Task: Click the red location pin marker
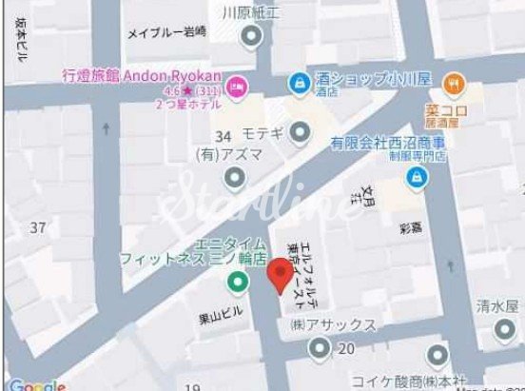coord(279,276)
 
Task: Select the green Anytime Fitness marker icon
coord(235,283)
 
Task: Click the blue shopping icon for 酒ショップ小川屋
coord(300,83)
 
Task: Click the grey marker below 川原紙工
coord(251,38)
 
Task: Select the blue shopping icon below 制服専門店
coord(416,177)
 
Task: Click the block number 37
coord(38,227)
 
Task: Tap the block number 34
coord(224,136)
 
